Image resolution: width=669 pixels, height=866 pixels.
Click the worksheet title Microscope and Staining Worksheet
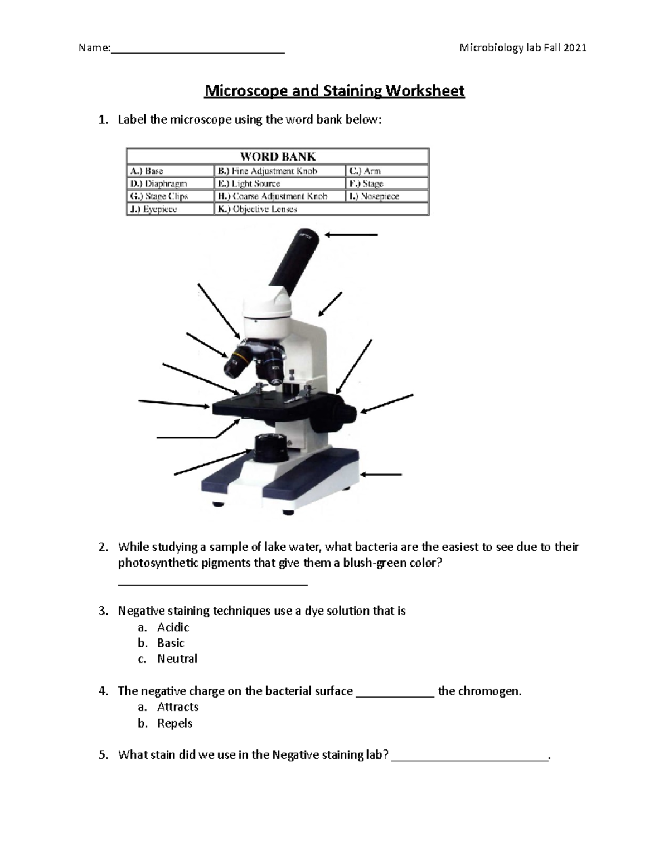point(334,91)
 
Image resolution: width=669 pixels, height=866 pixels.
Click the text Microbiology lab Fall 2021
point(522,48)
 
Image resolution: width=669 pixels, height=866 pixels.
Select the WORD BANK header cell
point(278,157)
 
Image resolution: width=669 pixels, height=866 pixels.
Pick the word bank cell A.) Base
point(170,171)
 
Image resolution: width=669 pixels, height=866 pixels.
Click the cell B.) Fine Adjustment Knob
point(279,171)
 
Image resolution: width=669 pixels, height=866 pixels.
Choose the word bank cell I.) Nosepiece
point(386,196)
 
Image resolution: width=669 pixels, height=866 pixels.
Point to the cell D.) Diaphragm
point(170,183)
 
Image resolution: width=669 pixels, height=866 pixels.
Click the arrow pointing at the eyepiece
point(351,235)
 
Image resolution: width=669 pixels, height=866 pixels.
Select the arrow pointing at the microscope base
point(382,475)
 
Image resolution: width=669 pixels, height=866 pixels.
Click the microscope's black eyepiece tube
point(294,257)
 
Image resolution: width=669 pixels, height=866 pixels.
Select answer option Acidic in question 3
point(173,627)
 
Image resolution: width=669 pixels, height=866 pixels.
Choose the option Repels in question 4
point(174,723)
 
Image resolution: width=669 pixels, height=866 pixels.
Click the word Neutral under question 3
point(177,659)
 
